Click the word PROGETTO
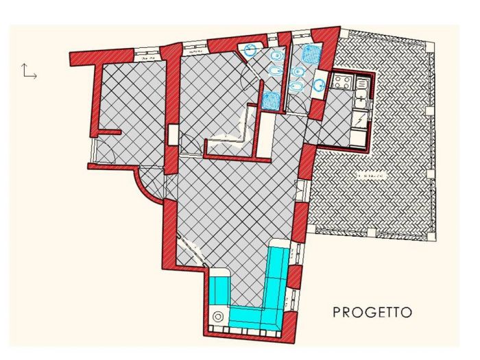click(372, 313)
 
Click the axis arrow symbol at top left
click(28, 71)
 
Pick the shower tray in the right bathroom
click(312, 54)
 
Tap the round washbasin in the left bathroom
click(250, 49)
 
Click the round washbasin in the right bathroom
click(319, 85)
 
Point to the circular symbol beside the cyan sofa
click(218, 317)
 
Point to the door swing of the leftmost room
click(107, 147)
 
